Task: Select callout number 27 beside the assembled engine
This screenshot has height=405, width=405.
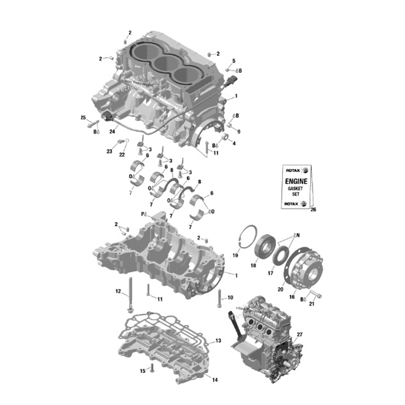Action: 299,335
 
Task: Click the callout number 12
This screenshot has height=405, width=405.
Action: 118,291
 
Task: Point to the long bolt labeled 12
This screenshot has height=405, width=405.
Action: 131,294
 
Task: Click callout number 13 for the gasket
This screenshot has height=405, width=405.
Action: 218,341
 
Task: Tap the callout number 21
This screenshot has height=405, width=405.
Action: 312,304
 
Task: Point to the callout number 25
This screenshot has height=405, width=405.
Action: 83,118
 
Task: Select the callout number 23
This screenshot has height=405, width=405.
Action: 109,151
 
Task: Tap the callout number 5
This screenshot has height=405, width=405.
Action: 234,61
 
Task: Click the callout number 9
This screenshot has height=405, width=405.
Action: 238,132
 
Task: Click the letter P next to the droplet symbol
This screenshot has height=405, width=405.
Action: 143,215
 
